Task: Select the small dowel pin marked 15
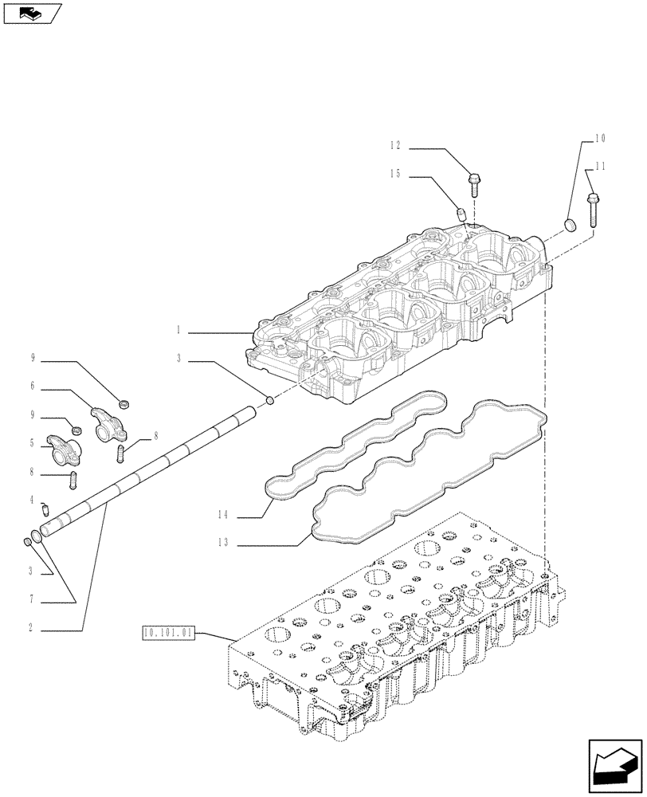click(461, 213)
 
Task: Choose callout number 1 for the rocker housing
click(180, 328)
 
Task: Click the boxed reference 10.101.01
click(167, 634)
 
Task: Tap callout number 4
click(32, 501)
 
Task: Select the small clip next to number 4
click(45, 504)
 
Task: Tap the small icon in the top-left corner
click(31, 13)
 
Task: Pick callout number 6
click(33, 387)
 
